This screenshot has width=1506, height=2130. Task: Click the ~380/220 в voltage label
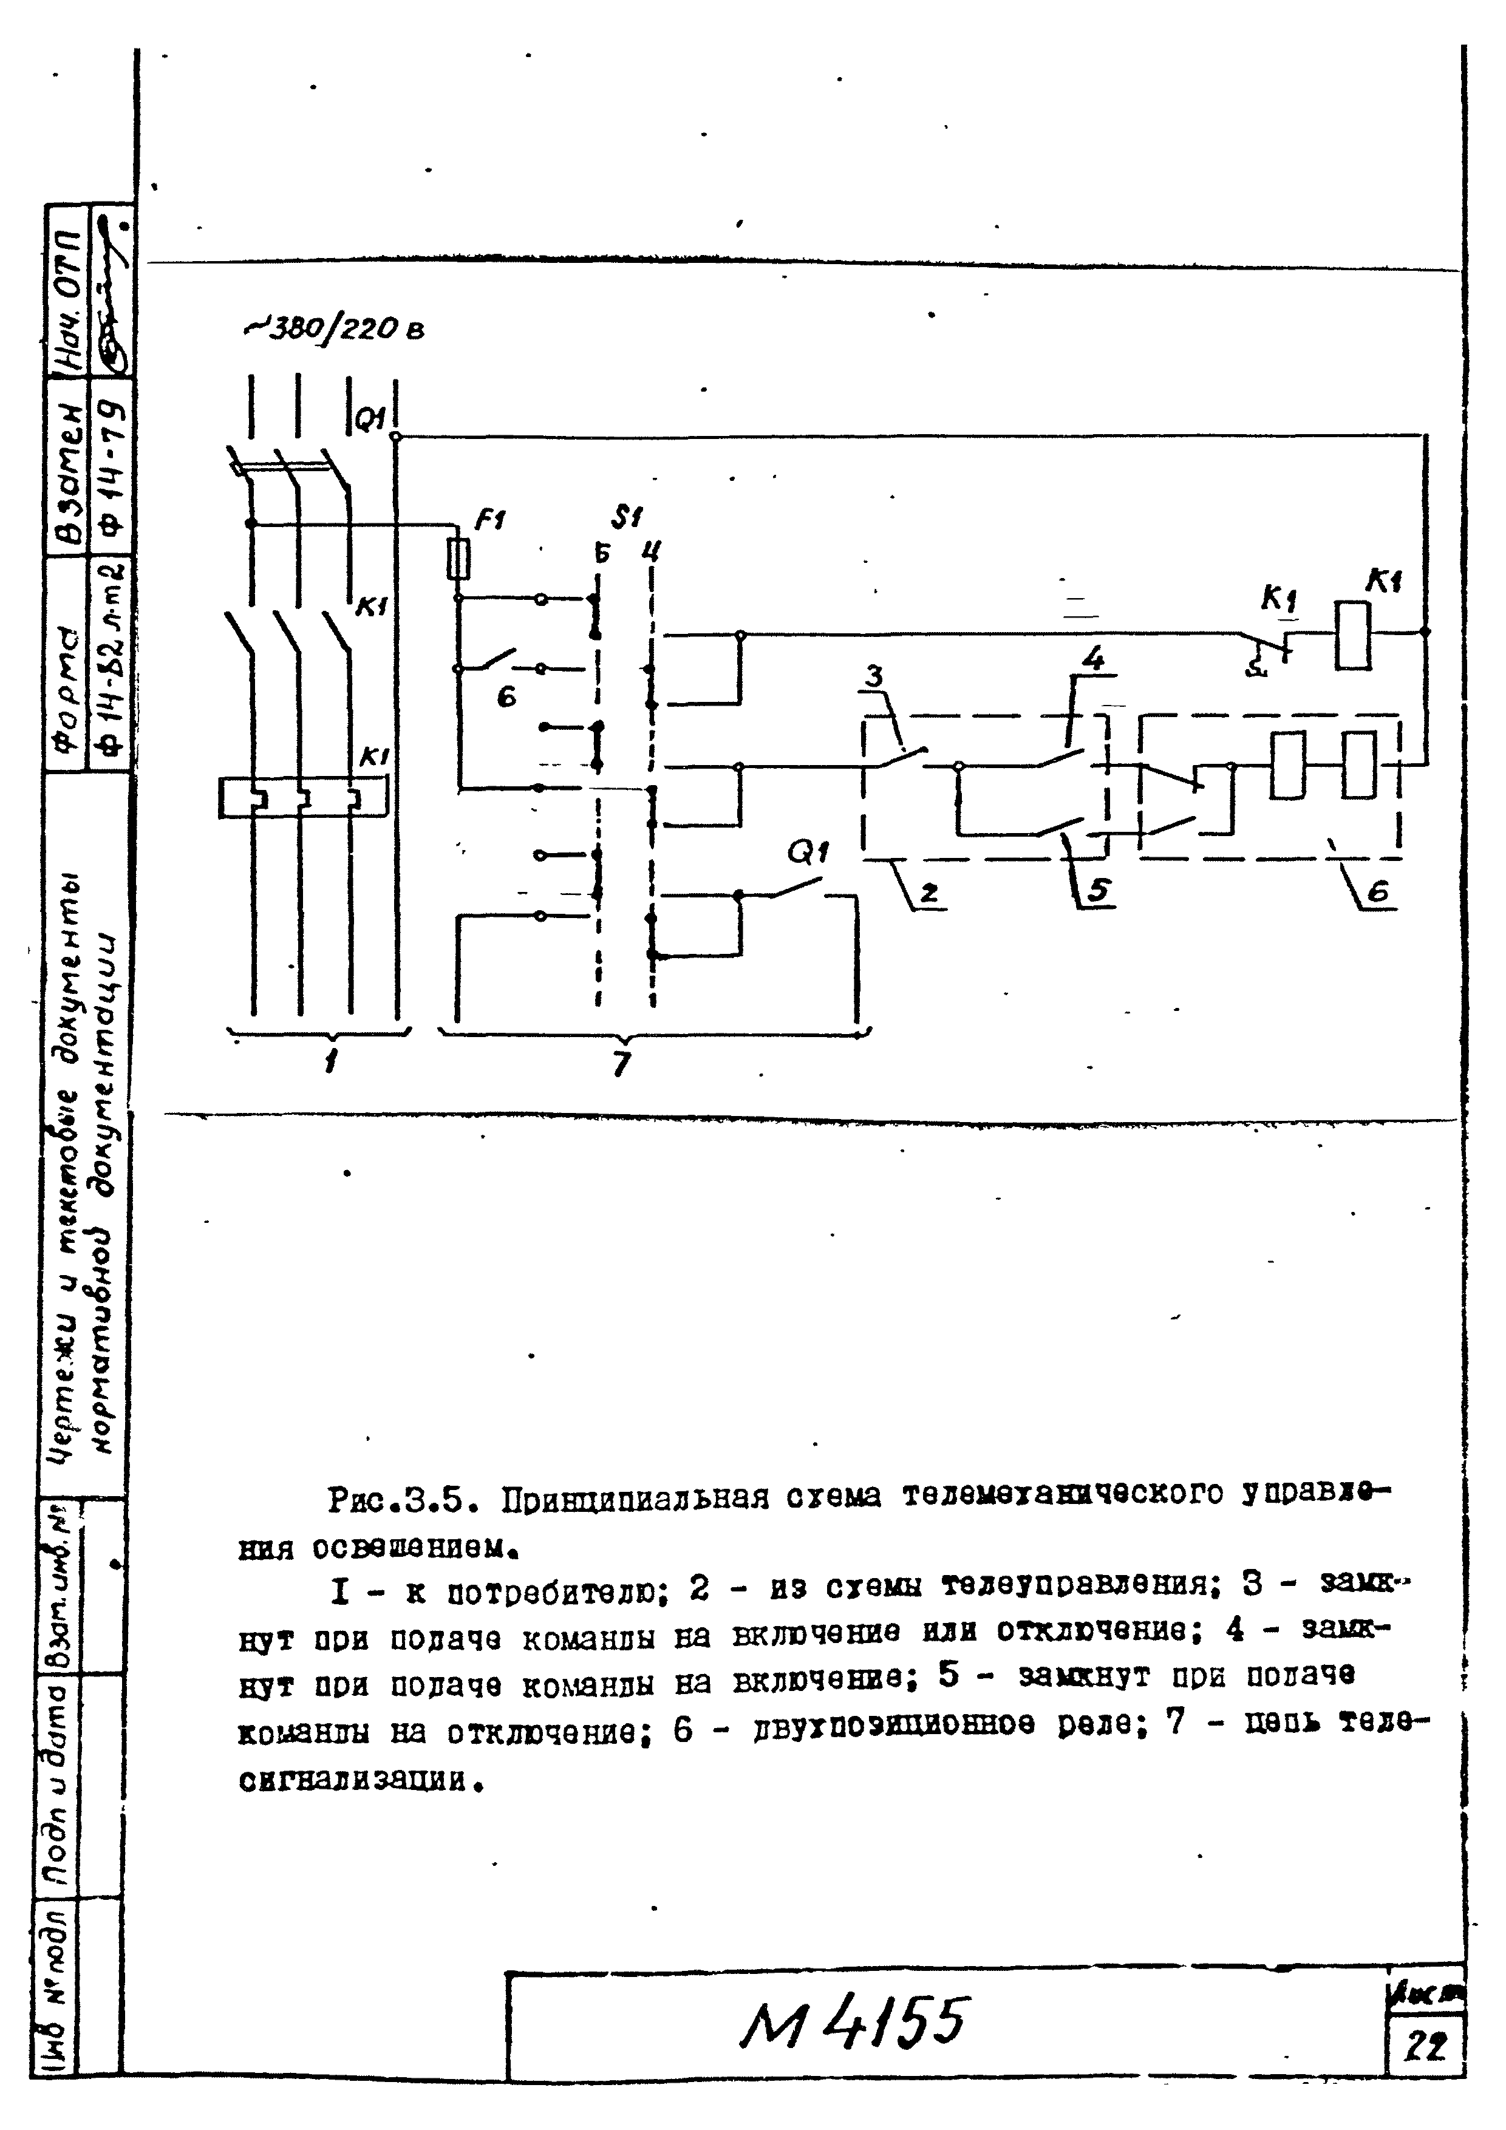(334, 328)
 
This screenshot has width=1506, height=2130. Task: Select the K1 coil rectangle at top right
(1352, 636)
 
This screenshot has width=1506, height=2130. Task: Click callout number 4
(1093, 659)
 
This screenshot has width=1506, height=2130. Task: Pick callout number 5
(1098, 891)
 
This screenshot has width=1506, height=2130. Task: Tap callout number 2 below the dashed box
(928, 893)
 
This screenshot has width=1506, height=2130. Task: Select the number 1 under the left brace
(330, 1060)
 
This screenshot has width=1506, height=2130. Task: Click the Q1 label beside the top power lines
(371, 420)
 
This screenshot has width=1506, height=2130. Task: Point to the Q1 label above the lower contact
(807, 852)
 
